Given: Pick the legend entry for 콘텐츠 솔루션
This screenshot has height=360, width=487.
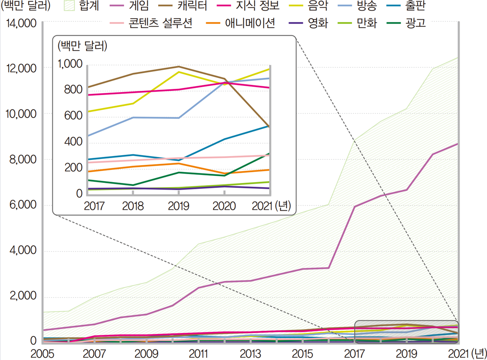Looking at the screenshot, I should tap(160, 23).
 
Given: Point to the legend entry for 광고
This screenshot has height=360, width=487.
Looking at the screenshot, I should tap(414, 23).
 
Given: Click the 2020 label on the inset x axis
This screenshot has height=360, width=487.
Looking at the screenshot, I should tap(224, 206).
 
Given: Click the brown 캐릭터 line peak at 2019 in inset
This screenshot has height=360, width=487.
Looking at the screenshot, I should tap(178, 66).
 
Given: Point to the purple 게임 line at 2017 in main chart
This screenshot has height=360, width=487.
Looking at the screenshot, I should tap(355, 206).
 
